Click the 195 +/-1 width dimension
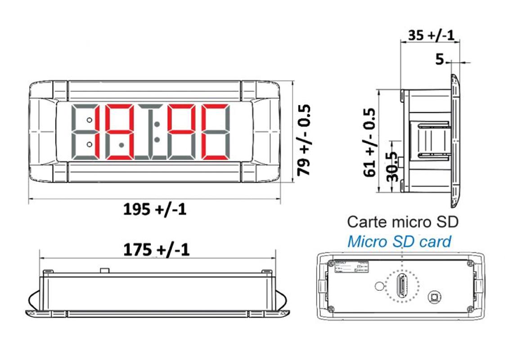pos(154,210)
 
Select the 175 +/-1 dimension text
pos(157,249)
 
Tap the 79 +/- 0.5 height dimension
pos(305,140)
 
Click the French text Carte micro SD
pos(402,222)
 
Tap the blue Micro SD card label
pos(399,242)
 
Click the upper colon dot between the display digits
pos(157,123)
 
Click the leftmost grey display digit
pos(85,132)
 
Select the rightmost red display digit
pos(215,132)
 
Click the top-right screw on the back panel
pos(470,263)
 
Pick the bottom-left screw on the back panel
pos(331,308)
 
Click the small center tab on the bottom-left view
pos(104,270)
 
